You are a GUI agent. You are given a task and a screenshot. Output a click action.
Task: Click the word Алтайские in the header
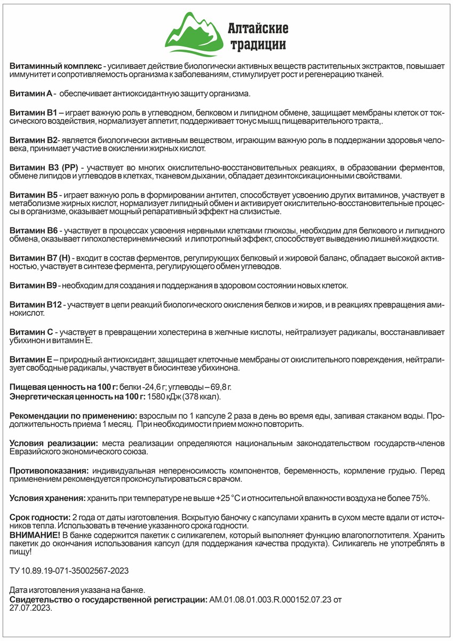coord(258,27)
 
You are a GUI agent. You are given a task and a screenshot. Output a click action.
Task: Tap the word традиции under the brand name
coord(258,44)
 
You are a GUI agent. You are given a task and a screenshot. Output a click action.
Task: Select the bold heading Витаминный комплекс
coord(55,66)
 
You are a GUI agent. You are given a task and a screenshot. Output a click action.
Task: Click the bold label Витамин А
coord(31,93)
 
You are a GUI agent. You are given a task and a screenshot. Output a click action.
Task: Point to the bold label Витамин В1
coord(33,113)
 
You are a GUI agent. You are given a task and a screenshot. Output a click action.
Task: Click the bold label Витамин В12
coord(36,304)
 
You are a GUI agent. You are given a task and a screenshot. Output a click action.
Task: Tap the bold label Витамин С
coord(31,332)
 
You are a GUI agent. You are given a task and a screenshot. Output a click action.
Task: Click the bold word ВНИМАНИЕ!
coord(35,534)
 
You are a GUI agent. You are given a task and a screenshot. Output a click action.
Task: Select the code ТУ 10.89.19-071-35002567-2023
coord(69,570)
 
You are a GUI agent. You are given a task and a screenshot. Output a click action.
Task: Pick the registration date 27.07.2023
coord(30,608)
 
